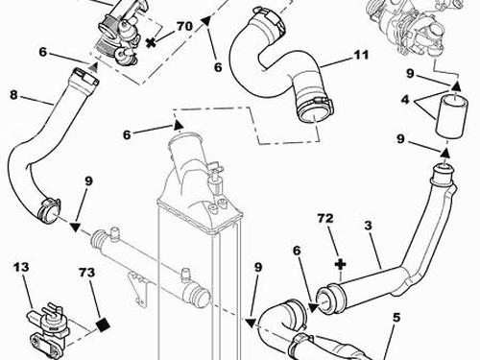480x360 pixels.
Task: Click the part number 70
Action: coord(184,26)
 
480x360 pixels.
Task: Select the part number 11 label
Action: coord(361,55)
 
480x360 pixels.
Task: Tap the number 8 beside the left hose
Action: coord(13,95)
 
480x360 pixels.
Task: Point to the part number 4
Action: coord(405,100)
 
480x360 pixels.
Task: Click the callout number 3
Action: coord(369,226)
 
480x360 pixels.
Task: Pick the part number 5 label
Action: coord(396,318)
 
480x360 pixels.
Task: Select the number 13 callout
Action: coord(21,267)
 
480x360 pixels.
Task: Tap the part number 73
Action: coord(86,273)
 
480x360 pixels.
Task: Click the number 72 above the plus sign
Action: coord(325,218)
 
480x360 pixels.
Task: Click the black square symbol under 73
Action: coord(103,325)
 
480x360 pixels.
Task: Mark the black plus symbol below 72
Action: coord(341,264)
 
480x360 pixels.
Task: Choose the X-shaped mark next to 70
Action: coord(151,42)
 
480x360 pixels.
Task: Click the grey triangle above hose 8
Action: coord(93,67)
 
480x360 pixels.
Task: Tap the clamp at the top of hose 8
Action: coord(85,77)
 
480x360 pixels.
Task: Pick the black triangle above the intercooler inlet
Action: coord(179,125)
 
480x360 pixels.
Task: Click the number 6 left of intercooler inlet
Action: coord(127,135)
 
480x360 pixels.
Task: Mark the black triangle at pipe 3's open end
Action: coord(313,308)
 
